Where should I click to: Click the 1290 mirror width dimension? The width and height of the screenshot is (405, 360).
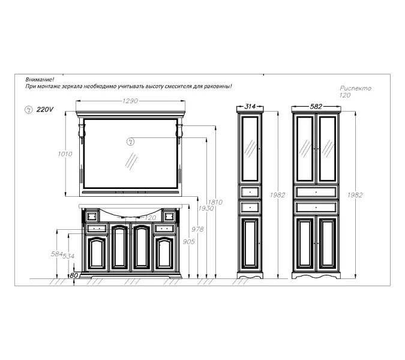tap(130, 101)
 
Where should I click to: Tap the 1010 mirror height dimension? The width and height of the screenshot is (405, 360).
tap(65, 154)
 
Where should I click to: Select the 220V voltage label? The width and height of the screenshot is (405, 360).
tap(44, 109)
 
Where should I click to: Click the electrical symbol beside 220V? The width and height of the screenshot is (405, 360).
tap(28, 110)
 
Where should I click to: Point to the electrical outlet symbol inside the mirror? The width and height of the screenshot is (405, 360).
tap(130, 142)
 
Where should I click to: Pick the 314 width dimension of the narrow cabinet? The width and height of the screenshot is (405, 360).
tap(250, 106)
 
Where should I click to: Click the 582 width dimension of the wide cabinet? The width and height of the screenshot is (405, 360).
tap(316, 106)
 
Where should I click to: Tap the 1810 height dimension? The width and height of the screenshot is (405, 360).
tap(215, 202)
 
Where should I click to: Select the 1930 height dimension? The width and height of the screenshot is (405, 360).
tap(206, 208)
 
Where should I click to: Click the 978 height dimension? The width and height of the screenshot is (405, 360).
tap(197, 229)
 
